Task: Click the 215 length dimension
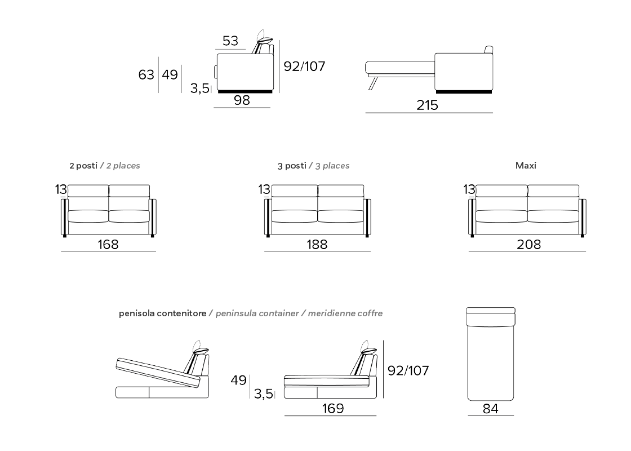tap(427, 105)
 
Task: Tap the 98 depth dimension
tap(242, 100)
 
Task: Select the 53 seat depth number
tap(230, 41)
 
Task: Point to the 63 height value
tap(146, 74)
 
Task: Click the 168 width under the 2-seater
tap(108, 245)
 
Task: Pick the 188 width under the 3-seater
tap(317, 245)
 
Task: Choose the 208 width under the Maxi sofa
tap(529, 245)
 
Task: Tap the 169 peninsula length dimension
tap(333, 408)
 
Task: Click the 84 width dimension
tap(491, 409)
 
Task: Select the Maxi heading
tap(526, 166)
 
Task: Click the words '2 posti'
tap(83, 166)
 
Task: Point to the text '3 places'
tap(332, 166)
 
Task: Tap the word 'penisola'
tap(137, 313)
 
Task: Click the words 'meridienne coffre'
tap(345, 313)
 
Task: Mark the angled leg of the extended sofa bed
tap(374, 83)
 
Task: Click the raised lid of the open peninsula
tap(158, 373)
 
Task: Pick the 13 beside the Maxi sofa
tap(469, 189)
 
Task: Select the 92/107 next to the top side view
tap(304, 67)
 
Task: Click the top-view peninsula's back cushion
tap(491, 317)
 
